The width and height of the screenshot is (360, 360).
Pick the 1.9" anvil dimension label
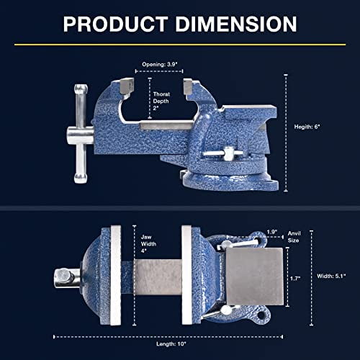[272, 232]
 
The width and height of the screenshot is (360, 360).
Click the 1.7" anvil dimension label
[294, 276]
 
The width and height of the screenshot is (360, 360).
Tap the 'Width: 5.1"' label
[332, 274]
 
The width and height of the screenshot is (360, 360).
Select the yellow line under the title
[179, 45]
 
